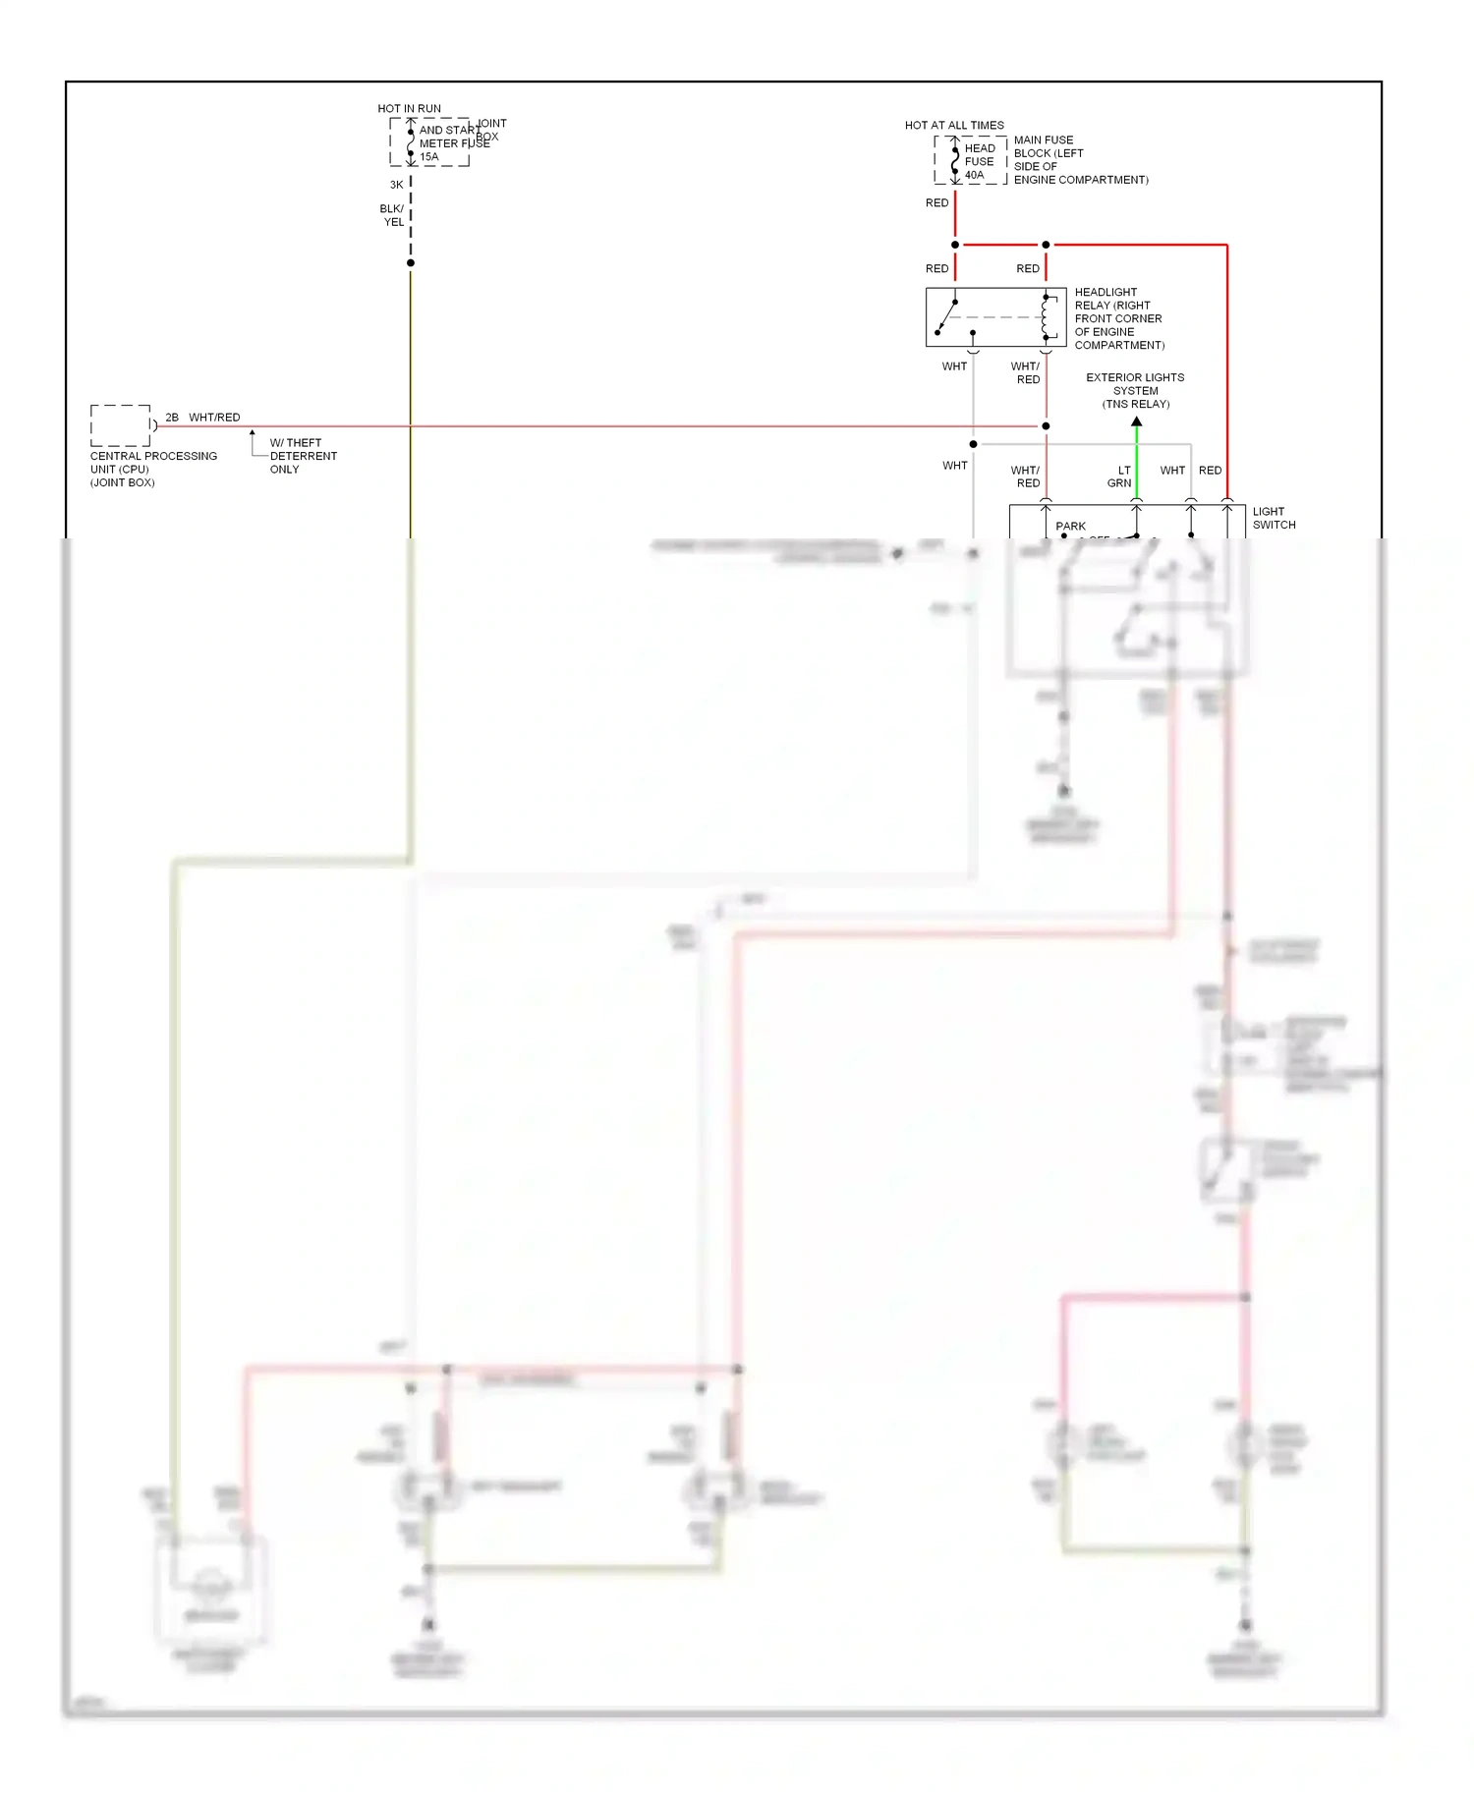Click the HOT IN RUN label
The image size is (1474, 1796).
pyautogui.click(x=409, y=109)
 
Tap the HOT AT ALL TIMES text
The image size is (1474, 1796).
pyautogui.click(x=954, y=126)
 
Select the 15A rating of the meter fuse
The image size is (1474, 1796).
pyautogui.click(x=429, y=157)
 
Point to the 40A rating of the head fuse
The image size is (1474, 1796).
pyautogui.click(x=974, y=176)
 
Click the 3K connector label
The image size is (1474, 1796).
pyautogui.click(x=396, y=185)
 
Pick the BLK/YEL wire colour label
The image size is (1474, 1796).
pyautogui.click(x=392, y=215)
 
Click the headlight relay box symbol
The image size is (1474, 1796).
pyautogui.click(x=994, y=317)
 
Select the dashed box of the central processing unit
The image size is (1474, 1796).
pyautogui.click(x=121, y=425)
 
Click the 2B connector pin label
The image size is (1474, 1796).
pyautogui.click(x=172, y=418)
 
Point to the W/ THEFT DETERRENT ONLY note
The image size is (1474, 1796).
pyautogui.click(x=303, y=456)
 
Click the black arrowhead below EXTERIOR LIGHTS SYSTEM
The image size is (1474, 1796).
pyautogui.click(x=1137, y=421)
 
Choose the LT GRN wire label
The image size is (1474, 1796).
pyautogui.click(x=1120, y=477)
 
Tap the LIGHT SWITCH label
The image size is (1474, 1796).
pyautogui.click(x=1274, y=518)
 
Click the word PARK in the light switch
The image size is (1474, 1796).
pyautogui.click(x=1070, y=527)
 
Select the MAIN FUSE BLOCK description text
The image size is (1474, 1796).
pyautogui.click(x=1080, y=160)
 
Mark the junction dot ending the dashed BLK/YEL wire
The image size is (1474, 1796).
pyautogui.click(x=411, y=263)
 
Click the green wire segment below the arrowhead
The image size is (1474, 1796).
pyautogui.click(x=1137, y=462)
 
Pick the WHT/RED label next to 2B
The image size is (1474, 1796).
pyautogui.click(x=214, y=418)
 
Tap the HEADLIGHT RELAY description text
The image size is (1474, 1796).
pyautogui.click(x=1119, y=318)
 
